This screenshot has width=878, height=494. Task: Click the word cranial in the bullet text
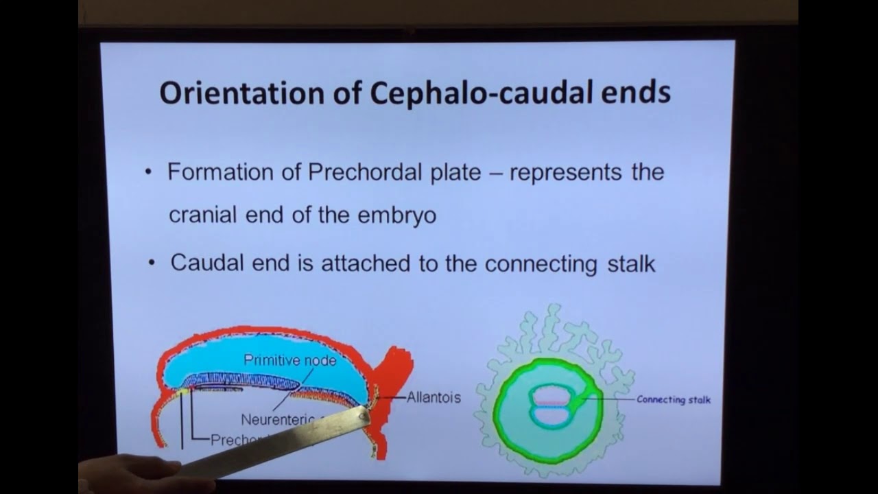202,215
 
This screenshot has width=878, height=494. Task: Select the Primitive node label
289,360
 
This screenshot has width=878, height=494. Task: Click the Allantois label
434,397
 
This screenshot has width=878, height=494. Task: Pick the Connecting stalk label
673,399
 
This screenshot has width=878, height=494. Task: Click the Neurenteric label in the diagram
273,419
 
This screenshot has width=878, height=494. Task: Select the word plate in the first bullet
453,172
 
